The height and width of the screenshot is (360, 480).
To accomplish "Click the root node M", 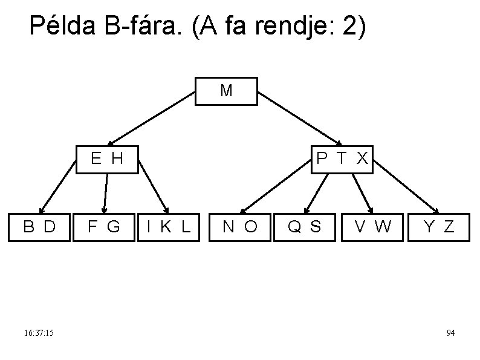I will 226,91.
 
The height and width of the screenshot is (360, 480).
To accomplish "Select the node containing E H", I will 106,159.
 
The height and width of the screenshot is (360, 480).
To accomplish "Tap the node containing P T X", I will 342,159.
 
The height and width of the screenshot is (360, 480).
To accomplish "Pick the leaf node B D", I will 39,227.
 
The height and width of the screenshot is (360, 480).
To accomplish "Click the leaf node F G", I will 103,227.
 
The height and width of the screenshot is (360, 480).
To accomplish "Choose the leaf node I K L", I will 169,227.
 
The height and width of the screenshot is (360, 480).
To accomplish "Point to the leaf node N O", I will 240,227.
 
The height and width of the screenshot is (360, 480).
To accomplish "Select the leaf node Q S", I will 304,227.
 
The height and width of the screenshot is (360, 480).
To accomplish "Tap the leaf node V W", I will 372,227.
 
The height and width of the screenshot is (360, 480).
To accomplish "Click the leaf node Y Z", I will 439,227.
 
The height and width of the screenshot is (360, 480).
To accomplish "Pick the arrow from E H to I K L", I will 154,192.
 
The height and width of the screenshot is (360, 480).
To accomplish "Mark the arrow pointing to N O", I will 275,192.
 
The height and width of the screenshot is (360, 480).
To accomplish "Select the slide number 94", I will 450,333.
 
